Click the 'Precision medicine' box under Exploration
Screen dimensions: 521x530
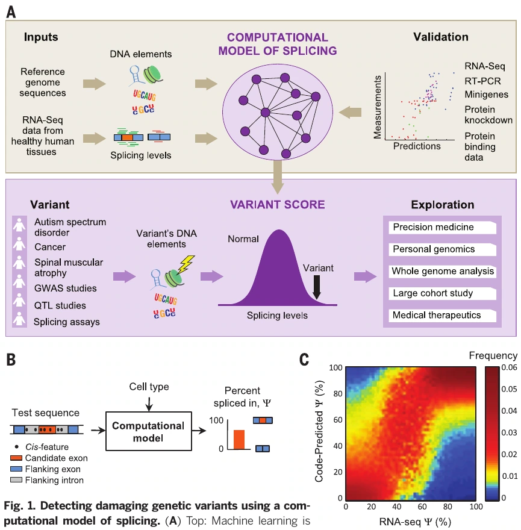[x=442, y=227]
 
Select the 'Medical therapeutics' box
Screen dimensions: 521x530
[x=442, y=316]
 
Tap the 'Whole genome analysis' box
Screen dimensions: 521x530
[x=442, y=271]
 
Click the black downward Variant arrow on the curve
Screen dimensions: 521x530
[x=316, y=287]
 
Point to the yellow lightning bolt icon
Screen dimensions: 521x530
[x=186, y=264]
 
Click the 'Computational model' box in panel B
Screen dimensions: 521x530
[x=148, y=431]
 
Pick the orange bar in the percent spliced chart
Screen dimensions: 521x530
[x=239, y=440]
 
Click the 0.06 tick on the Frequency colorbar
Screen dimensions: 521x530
[x=509, y=367]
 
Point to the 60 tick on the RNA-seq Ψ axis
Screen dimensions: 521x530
[x=422, y=507]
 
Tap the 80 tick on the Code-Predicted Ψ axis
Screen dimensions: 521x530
[x=338, y=393]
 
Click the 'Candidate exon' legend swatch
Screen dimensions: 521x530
[x=16, y=458]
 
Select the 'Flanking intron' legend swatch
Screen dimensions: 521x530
[x=16, y=480]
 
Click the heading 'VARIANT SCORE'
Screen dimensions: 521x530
[x=277, y=205]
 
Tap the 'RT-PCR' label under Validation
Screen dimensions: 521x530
[x=482, y=81]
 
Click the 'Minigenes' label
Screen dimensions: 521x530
[x=486, y=95]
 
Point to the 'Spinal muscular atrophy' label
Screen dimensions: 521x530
[x=69, y=267]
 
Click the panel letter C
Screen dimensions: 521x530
[x=304, y=360]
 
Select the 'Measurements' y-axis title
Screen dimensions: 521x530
[x=377, y=107]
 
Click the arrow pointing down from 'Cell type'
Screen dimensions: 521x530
[x=149, y=404]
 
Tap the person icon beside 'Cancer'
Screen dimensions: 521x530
[x=19, y=244]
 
